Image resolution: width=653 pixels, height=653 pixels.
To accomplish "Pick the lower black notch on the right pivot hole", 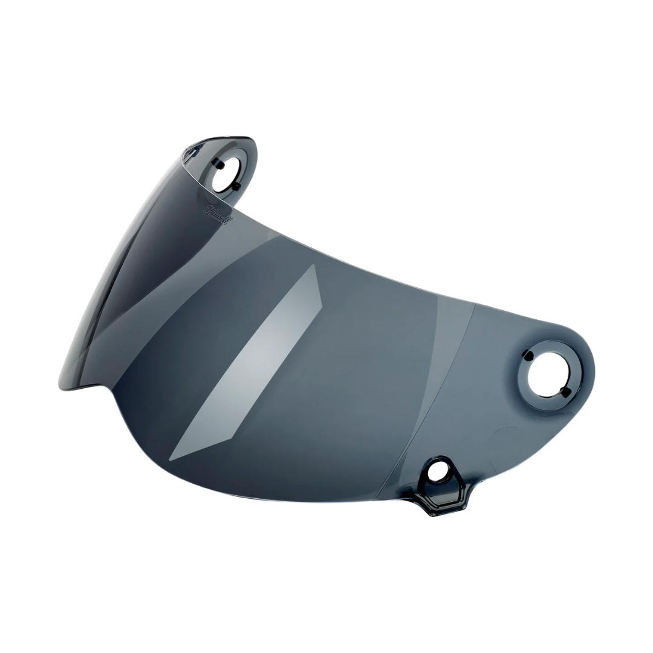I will coord(565,393).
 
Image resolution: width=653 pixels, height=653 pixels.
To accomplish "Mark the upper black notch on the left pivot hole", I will coord(219,164).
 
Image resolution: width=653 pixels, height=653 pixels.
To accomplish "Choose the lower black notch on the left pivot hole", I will coord(237,186).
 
